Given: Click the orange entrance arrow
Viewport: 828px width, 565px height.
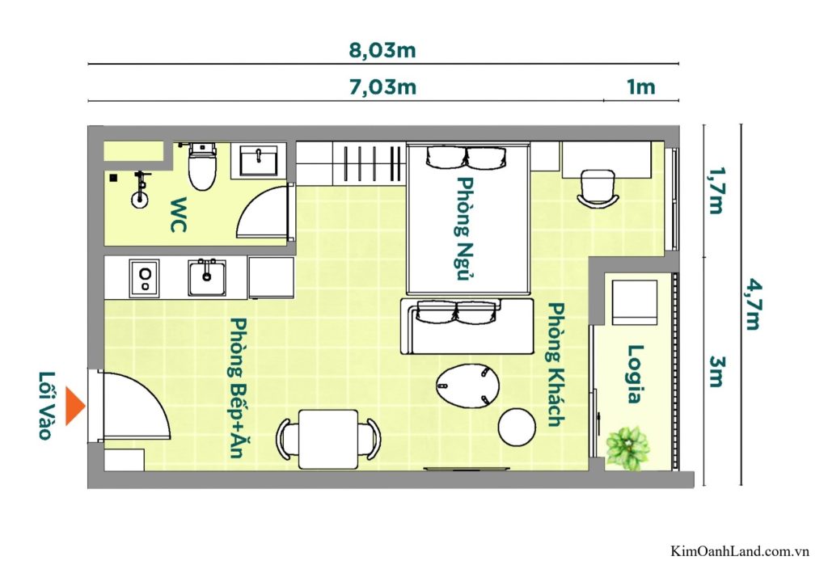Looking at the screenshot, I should [75, 406].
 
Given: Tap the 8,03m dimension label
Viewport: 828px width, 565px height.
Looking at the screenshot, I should [382, 50].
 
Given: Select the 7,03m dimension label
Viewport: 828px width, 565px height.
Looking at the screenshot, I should [382, 87].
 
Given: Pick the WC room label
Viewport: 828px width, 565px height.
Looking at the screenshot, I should [178, 215].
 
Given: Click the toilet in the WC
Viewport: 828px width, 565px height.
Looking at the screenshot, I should [201, 166].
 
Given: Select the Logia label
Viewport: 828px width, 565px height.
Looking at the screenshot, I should [636, 373].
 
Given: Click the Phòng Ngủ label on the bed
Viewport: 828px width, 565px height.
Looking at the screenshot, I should [467, 228].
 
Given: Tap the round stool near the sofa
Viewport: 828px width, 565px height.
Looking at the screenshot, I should [516, 428].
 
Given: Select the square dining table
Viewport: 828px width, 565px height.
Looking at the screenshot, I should [328, 439].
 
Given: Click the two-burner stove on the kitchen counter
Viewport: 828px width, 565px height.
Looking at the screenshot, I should [144, 279].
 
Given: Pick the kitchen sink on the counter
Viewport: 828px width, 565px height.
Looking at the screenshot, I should [208, 278].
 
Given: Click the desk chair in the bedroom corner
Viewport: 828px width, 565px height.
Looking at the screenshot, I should [598, 188].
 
